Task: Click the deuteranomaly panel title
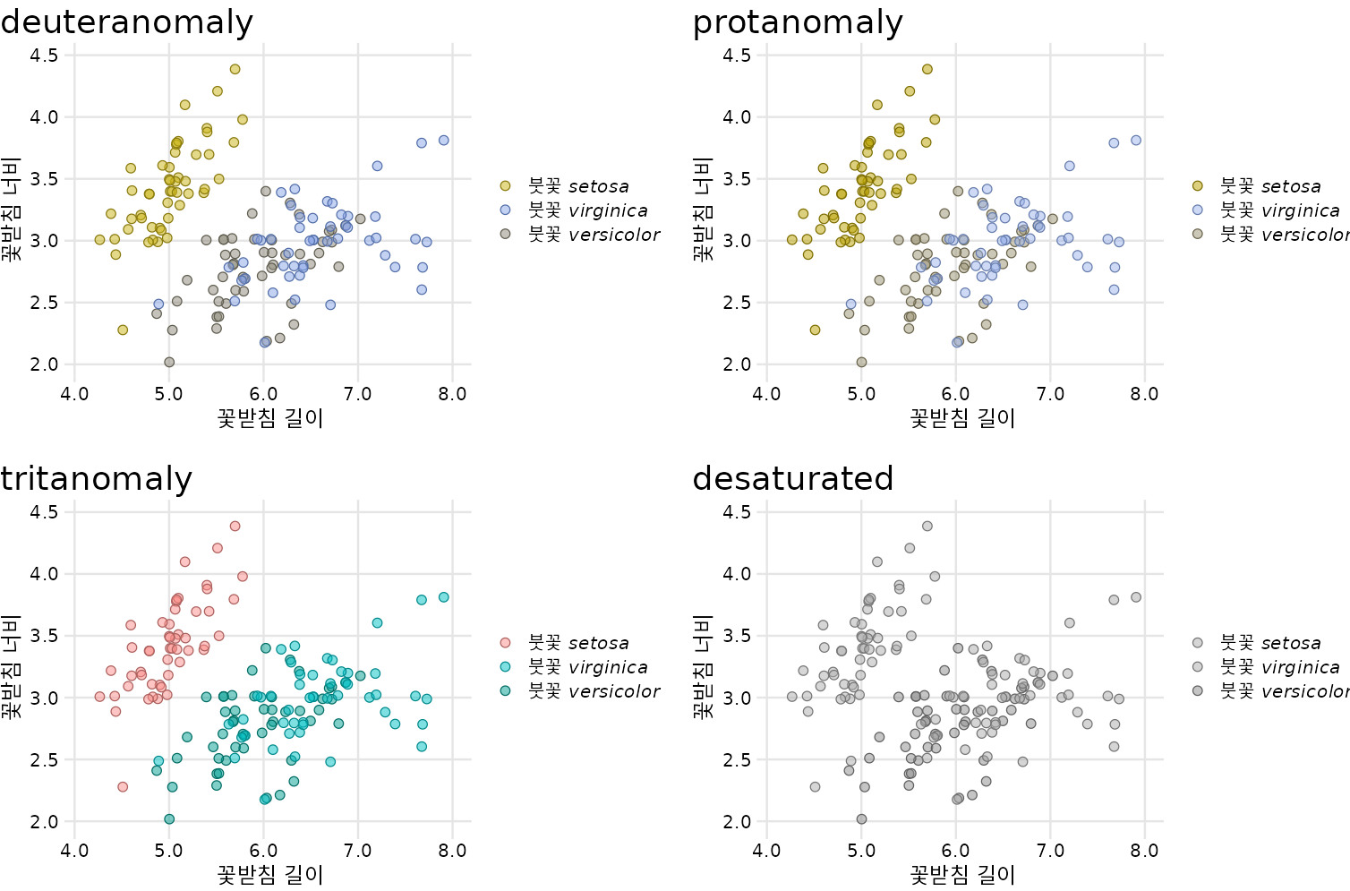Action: [x=126, y=22]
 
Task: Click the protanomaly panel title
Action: [x=798, y=22]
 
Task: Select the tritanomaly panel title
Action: [x=96, y=479]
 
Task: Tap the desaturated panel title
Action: [x=792, y=479]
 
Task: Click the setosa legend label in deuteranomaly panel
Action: [x=578, y=186]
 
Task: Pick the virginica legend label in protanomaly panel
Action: [x=1280, y=210]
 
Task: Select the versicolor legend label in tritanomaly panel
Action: [x=594, y=691]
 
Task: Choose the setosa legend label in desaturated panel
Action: [x=1270, y=643]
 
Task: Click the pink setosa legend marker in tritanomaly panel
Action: [x=505, y=643]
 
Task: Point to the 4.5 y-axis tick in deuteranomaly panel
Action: [x=44, y=56]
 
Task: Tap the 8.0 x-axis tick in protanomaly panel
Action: [x=1144, y=395]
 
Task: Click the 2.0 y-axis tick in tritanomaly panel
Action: [x=44, y=822]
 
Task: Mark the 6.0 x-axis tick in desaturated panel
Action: [x=955, y=852]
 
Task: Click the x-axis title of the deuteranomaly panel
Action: [x=270, y=418]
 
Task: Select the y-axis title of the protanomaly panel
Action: [x=704, y=210]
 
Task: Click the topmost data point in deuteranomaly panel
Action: [x=235, y=69]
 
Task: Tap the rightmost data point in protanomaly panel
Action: [x=1136, y=141]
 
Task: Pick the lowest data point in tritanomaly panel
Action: [x=169, y=819]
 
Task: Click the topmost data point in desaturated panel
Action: [x=927, y=527]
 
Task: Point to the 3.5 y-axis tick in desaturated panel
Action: [x=736, y=636]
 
